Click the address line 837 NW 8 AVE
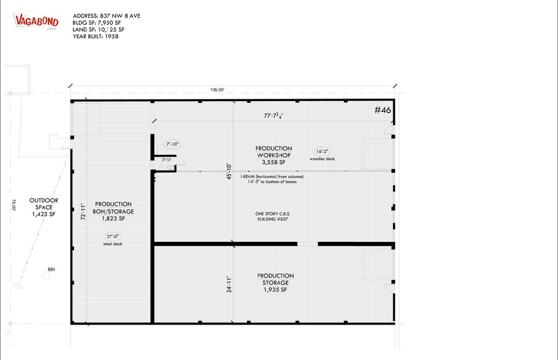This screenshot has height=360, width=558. pyautogui.click(x=106, y=15)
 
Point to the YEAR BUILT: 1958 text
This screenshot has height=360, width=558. pyautogui.click(x=95, y=36)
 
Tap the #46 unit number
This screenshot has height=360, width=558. pyautogui.click(x=382, y=110)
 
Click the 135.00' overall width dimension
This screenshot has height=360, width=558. pyautogui.click(x=217, y=90)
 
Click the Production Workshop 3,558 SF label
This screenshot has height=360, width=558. pyautogui.click(x=273, y=156)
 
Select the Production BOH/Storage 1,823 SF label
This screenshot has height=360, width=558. pyautogui.click(x=114, y=211)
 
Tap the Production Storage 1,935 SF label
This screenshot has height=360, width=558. pyautogui.click(x=275, y=283)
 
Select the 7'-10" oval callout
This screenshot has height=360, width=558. pyautogui.click(x=173, y=145)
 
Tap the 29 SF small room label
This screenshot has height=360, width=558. pyautogui.click(x=165, y=159)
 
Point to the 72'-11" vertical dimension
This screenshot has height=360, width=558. pyautogui.click(x=83, y=212)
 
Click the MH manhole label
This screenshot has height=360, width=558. pyautogui.click(x=52, y=269)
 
